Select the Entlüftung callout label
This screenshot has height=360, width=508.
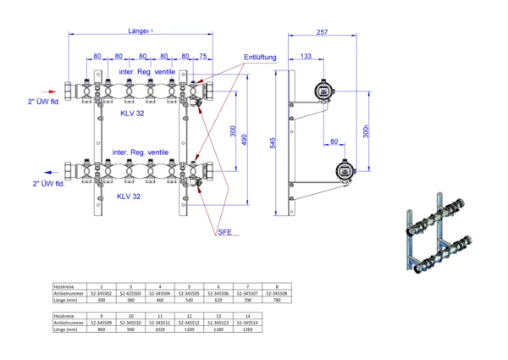[260, 58]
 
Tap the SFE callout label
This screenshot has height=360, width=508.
[224, 231]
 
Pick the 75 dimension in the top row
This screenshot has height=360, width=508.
[202, 57]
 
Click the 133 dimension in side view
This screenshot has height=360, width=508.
[305, 57]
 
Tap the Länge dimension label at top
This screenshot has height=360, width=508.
[140, 30]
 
